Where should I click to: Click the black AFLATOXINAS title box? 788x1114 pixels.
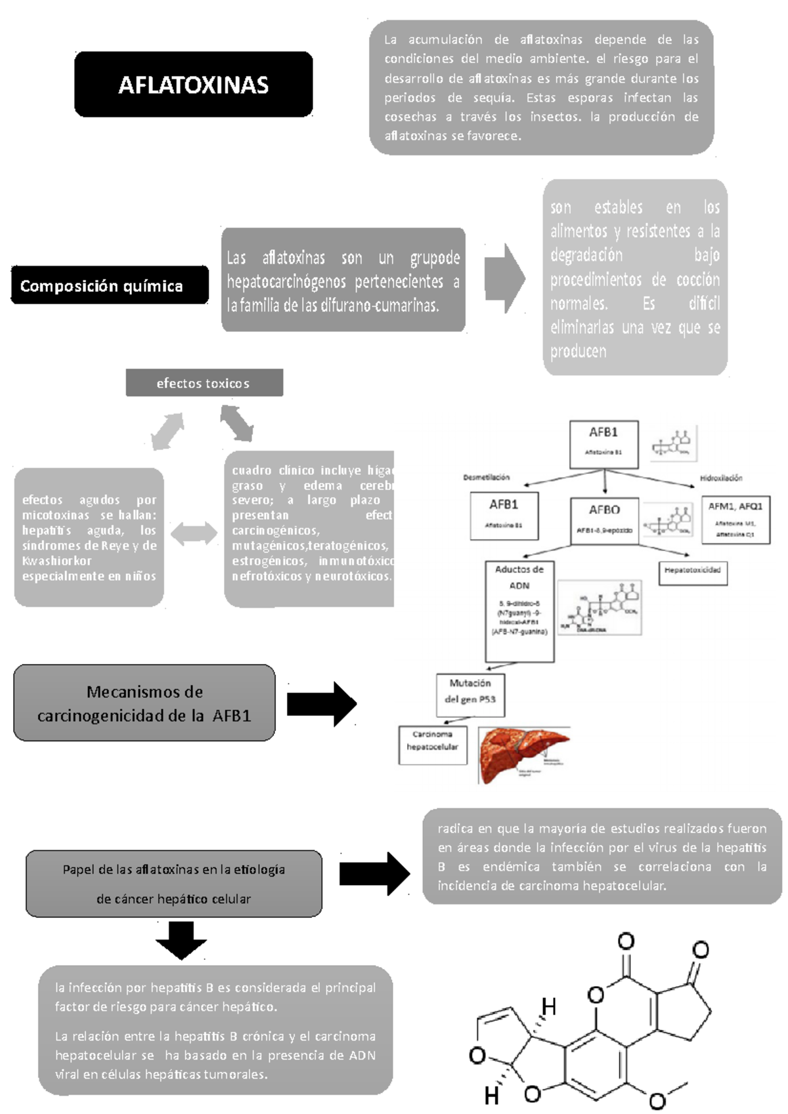pyautogui.click(x=193, y=85)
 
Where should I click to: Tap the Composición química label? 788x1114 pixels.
pyautogui.click(x=109, y=285)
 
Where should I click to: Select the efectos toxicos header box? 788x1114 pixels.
pyautogui.click(x=204, y=383)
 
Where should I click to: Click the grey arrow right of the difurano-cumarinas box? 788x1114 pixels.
pyautogui.click(x=504, y=279)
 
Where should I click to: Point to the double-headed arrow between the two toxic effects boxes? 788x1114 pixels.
pyautogui.click(x=194, y=533)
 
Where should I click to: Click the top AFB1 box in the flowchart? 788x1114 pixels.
pyautogui.click(x=603, y=444)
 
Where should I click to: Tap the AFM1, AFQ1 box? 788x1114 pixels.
pyautogui.click(x=735, y=520)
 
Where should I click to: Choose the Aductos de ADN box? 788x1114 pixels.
pyautogui.click(x=519, y=610)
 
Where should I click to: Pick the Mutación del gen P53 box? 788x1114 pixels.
pyautogui.click(x=470, y=693)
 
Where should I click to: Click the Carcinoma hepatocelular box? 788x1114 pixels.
pyautogui.click(x=432, y=744)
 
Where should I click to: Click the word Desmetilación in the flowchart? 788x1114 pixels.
pyautogui.click(x=486, y=478)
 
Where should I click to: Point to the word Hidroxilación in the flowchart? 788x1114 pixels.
pyautogui.click(x=720, y=478)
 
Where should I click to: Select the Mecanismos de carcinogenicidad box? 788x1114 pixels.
pyautogui.click(x=144, y=703)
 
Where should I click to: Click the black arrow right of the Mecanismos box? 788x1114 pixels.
pyautogui.click(x=322, y=704)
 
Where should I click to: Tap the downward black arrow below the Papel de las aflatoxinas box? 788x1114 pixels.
pyautogui.click(x=181, y=939)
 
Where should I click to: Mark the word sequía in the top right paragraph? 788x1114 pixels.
pyautogui.click(x=493, y=98)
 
